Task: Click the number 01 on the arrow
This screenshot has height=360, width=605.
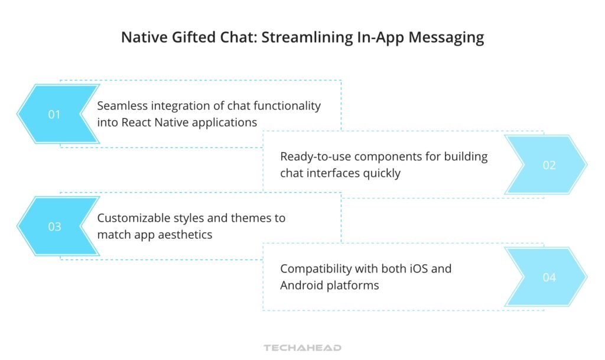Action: (54, 115)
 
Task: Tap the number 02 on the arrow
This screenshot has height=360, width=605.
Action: (549, 166)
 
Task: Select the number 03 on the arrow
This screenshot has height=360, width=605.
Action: (54, 227)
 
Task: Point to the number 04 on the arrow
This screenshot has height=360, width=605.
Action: (549, 277)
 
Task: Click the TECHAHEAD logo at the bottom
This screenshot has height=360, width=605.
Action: (302, 348)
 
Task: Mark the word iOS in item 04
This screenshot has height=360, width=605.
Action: (419, 268)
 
